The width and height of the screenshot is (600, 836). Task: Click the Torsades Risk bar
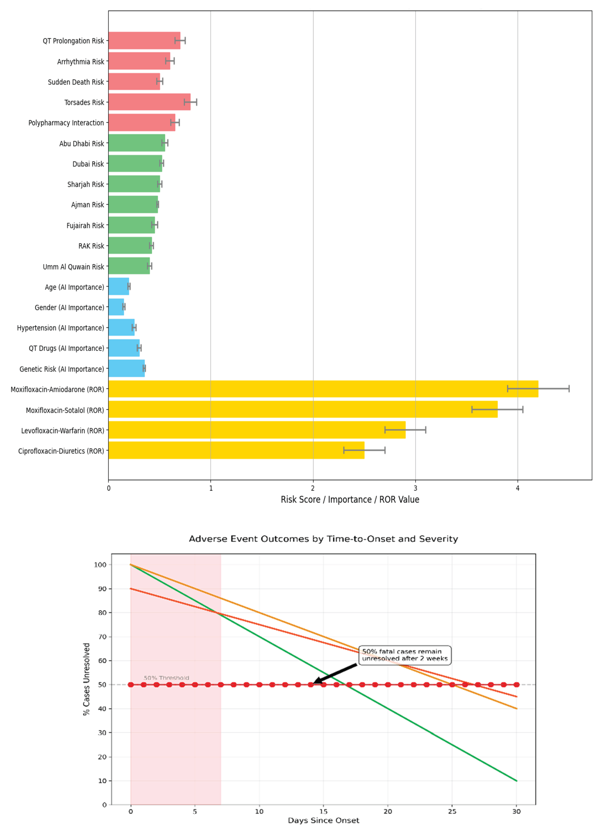point(149,102)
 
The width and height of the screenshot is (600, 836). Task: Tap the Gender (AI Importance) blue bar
point(116,307)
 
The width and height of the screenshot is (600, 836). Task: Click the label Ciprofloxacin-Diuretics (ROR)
point(61,451)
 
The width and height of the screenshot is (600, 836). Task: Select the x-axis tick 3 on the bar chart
point(415,488)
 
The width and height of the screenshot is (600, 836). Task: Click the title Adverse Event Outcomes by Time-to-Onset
point(323,539)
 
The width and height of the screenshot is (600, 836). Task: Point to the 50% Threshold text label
point(166,678)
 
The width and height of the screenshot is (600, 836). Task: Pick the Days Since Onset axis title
point(323,820)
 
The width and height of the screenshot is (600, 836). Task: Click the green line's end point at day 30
point(516,781)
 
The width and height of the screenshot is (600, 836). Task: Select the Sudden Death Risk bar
point(134,82)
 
